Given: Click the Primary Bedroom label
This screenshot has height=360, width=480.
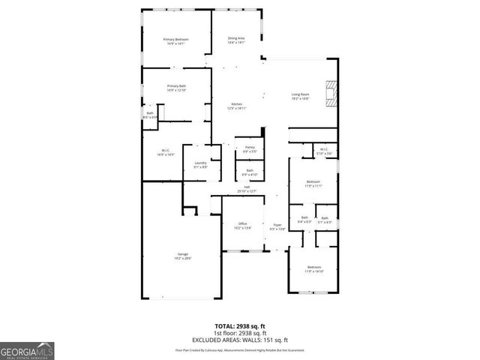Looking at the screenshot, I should (x=175, y=41).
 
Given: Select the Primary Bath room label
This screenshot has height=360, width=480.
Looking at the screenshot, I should (x=176, y=88).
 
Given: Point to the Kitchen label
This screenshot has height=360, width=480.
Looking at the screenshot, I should (x=237, y=106).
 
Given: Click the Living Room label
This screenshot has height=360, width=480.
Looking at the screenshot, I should (x=300, y=96).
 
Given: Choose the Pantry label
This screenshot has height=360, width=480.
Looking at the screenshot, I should (x=250, y=149).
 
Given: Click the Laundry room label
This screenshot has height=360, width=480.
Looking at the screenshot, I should (x=200, y=165).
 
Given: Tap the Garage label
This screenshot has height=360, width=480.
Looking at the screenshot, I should (x=183, y=256).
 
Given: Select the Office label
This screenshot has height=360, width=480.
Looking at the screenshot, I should (x=242, y=226).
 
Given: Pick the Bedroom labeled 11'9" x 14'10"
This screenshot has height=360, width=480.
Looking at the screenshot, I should (x=313, y=269).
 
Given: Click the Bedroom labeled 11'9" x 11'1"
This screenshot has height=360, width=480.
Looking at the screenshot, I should (x=313, y=184).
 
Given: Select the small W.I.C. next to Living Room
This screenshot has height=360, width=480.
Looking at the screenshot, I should (x=323, y=151).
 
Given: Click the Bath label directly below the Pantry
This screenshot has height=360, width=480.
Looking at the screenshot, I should (x=250, y=172).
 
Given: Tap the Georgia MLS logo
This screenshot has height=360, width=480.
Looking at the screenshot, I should (x=27, y=350).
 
